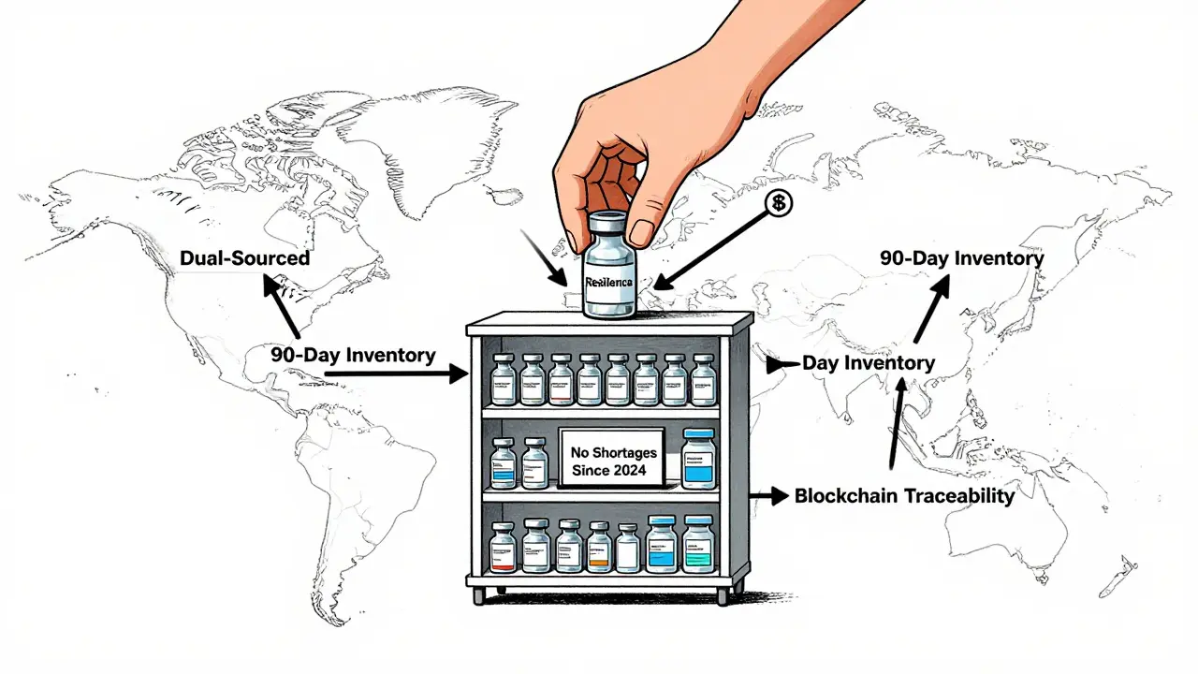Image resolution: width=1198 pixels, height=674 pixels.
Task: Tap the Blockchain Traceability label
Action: (x=903, y=496)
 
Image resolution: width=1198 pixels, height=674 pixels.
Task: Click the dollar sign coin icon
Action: (x=778, y=203)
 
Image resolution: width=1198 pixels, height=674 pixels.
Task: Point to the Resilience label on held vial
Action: (x=608, y=281)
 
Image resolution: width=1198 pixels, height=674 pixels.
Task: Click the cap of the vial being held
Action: (x=608, y=226)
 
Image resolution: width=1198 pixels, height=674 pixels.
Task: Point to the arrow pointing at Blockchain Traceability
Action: (x=769, y=497)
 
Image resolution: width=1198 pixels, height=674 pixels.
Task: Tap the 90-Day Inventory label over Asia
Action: (x=961, y=257)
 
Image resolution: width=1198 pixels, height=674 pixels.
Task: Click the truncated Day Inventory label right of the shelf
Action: (x=868, y=362)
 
